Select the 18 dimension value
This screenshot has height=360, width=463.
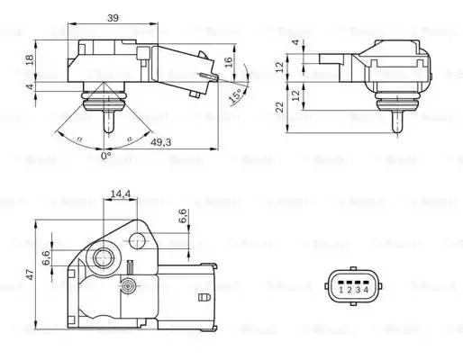point(28,59)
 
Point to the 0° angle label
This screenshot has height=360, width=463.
point(105,156)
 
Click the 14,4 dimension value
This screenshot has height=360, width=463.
point(119,193)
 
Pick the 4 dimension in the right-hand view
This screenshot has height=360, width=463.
point(295,42)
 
